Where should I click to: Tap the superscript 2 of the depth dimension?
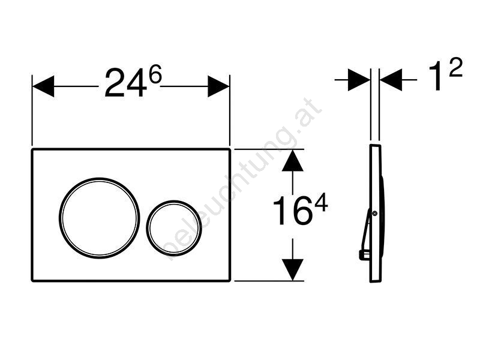coord(455,68)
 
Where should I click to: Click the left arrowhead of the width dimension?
coord(43,86)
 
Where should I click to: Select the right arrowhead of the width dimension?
coord(218,86)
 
